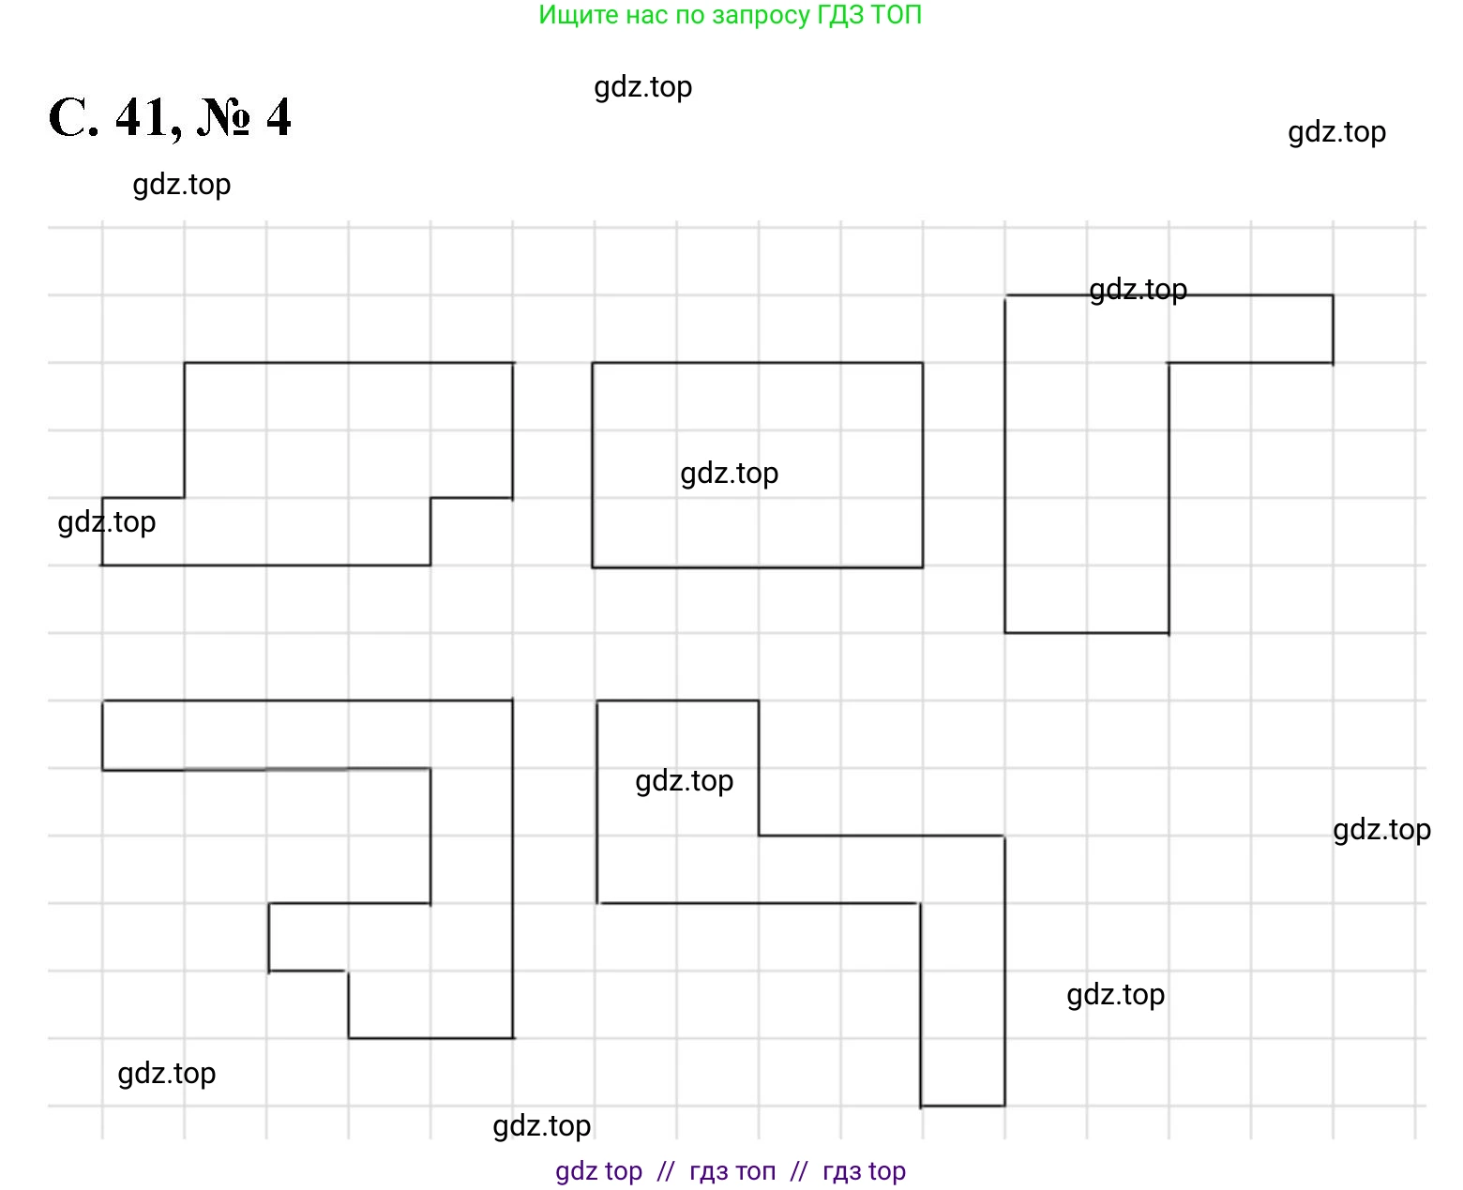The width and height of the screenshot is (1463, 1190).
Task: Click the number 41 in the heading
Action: pyautogui.click(x=143, y=119)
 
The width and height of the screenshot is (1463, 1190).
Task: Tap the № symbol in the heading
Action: pyautogui.click(x=224, y=119)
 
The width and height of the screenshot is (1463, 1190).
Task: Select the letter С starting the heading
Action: pyautogui.click(x=73, y=119)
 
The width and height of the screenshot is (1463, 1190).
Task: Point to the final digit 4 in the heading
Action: pyautogui.click(x=279, y=119)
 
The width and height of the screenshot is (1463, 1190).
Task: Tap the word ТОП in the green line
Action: pyautogui.click(x=897, y=15)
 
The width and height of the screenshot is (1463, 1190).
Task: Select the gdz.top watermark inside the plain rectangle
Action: pyautogui.click(x=729, y=474)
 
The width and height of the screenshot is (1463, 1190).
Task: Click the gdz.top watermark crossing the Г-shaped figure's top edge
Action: pyautogui.click(x=1138, y=290)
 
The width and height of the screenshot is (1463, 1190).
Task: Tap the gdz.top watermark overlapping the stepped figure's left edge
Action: pyautogui.click(x=107, y=522)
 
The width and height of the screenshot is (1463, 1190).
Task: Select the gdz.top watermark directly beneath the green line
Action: pyautogui.click(x=642, y=87)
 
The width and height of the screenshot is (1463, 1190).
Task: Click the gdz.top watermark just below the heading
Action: pyautogui.click(x=181, y=185)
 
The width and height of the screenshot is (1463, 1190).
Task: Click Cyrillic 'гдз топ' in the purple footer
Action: pyautogui.click(x=732, y=1171)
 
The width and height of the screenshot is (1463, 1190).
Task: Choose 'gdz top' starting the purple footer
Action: pyautogui.click(x=598, y=1171)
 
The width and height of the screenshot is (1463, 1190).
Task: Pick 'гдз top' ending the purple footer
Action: pyautogui.click(x=864, y=1171)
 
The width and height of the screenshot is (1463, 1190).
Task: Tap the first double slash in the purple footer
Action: pyautogui.click(x=666, y=1171)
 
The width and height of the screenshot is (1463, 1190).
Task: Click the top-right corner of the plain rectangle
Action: pyautogui.click(x=923, y=363)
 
